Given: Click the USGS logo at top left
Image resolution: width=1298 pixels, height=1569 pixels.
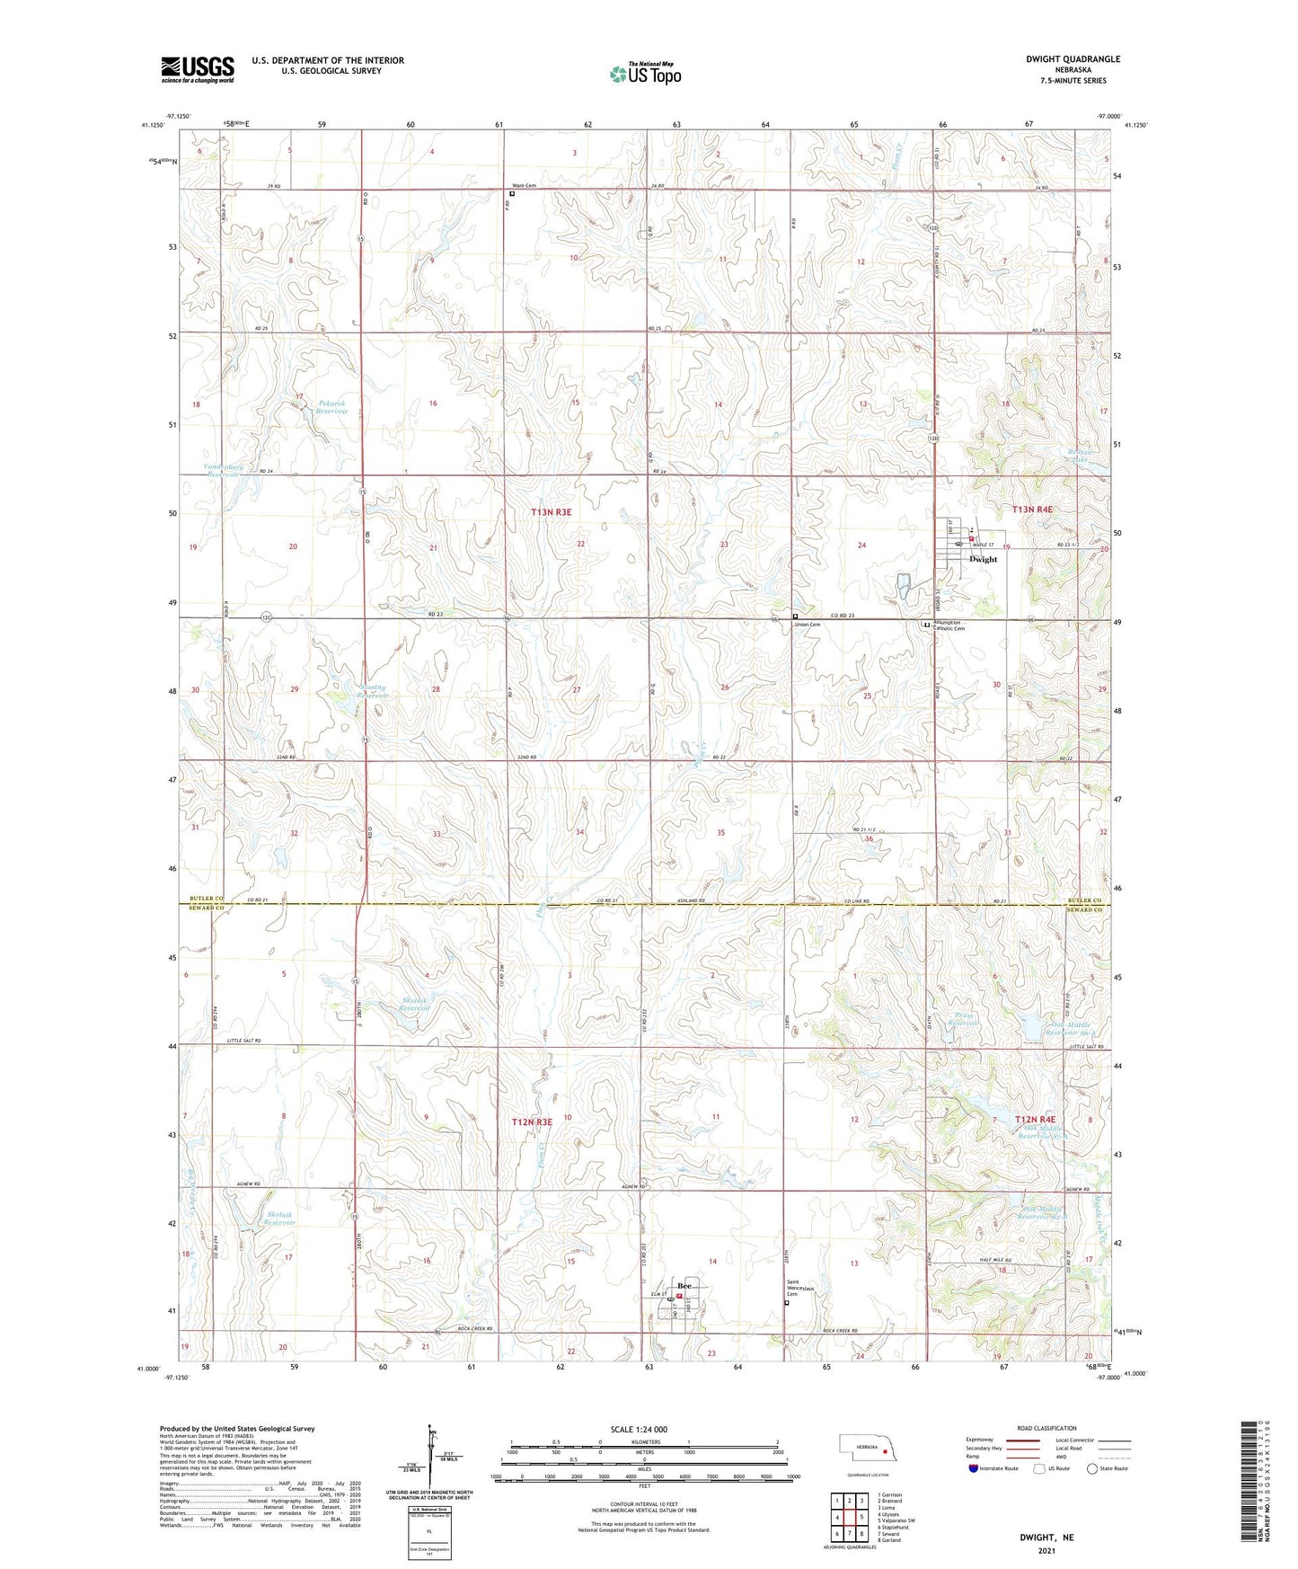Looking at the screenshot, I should (198, 69).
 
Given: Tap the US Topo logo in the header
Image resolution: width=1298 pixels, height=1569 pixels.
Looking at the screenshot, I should (645, 74).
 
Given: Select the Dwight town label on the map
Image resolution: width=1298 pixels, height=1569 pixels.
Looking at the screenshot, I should (983, 559).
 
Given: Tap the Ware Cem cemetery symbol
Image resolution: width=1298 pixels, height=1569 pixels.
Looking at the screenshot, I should (513, 193).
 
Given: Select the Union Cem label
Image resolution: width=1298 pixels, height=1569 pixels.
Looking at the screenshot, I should (807, 625).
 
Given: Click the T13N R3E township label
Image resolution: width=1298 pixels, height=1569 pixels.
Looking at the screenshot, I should (551, 512).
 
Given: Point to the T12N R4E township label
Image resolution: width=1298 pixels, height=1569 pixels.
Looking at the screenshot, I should (1041, 1119).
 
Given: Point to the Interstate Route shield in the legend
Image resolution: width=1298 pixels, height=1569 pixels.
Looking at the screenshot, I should (974, 1468).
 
